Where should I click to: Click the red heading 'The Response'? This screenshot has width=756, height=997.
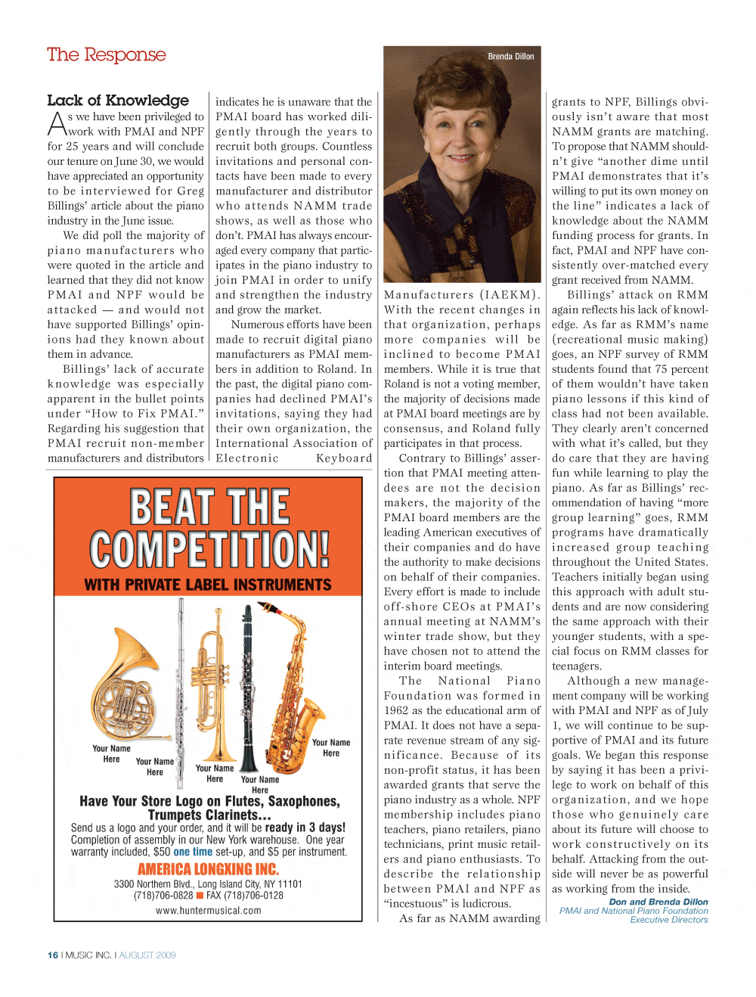(106, 55)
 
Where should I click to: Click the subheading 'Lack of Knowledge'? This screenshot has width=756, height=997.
(118, 101)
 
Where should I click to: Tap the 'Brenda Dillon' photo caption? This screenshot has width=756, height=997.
(510, 57)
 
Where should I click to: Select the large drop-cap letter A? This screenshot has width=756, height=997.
(57, 125)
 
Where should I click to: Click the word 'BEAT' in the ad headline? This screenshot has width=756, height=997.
(171, 507)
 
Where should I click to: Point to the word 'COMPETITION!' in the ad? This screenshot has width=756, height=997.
(209, 549)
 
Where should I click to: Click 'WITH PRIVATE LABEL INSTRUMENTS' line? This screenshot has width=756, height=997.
(208, 585)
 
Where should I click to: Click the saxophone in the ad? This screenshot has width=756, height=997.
(299, 681)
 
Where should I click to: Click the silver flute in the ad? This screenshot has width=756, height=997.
(181, 681)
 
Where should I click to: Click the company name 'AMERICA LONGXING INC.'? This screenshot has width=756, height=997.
(208, 869)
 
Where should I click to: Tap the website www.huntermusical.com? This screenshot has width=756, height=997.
(208, 911)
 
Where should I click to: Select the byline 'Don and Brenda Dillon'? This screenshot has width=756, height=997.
(658, 902)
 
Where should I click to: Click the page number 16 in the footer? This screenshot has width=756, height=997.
(53, 955)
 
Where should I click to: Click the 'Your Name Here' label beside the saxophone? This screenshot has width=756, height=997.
(331, 747)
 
